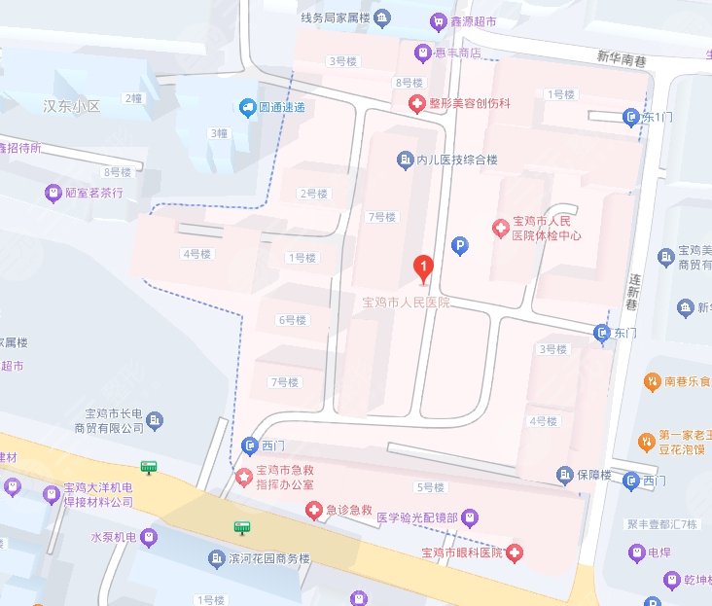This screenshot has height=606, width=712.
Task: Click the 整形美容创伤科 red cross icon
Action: [x=413, y=102]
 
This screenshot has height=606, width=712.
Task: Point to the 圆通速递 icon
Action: [x=249, y=107]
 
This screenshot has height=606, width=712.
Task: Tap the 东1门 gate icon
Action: [x=629, y=117]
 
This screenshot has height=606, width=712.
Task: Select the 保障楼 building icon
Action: [x=565, y=475]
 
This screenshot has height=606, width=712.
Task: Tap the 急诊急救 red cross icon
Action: [x=313, y=510]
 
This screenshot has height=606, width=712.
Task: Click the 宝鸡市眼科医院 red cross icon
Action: [x=515, y=553]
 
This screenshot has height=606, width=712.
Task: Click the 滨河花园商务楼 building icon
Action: [x=216, y=558]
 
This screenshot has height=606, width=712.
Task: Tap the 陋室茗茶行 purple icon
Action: [x=53, y=193]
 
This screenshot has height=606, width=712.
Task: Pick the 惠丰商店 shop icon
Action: [x=422, y=53]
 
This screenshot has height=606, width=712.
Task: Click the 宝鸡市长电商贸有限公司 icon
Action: [x=156, y=420]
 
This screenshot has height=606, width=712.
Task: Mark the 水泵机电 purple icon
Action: [x=147, y=536]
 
